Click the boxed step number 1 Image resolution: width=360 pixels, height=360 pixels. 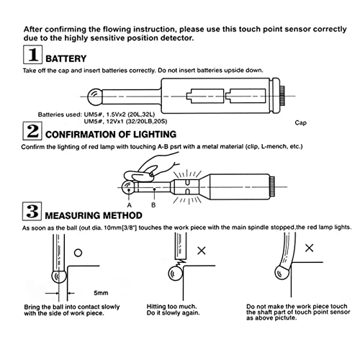point(33,55)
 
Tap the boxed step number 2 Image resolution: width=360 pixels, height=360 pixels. point(32,131)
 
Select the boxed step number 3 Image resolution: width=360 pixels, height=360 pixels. point(32,211)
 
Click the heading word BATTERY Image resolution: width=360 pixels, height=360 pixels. point(66,59)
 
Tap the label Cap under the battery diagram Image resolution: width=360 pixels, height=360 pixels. point(301,123)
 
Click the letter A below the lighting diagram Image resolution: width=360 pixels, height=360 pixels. point(130,205)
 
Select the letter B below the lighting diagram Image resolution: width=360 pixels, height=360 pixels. point(153,205)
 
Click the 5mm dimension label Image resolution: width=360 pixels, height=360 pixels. point(101,293)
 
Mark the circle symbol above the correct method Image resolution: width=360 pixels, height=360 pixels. point(78,253)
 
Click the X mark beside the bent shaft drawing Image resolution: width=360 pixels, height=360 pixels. point(310,248)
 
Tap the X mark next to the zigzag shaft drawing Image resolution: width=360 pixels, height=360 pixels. point(202,251)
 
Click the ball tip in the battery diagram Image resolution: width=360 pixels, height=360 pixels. point(95,96)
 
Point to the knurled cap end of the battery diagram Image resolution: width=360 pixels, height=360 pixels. point(282,96)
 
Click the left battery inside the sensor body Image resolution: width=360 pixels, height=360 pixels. point(205,96)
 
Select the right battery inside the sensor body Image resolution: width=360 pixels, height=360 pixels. point(246,96)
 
